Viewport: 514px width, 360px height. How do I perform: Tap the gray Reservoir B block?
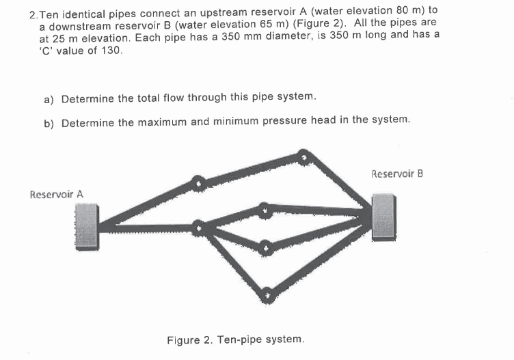383,217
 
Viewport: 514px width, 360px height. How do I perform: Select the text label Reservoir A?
57,195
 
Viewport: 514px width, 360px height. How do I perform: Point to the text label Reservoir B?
397,174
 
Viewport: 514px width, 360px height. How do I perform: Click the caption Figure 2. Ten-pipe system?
235,339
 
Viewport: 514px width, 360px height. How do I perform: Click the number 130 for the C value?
111,51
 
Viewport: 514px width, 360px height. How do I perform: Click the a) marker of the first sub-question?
49,99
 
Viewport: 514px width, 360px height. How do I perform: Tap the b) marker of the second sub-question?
49,120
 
